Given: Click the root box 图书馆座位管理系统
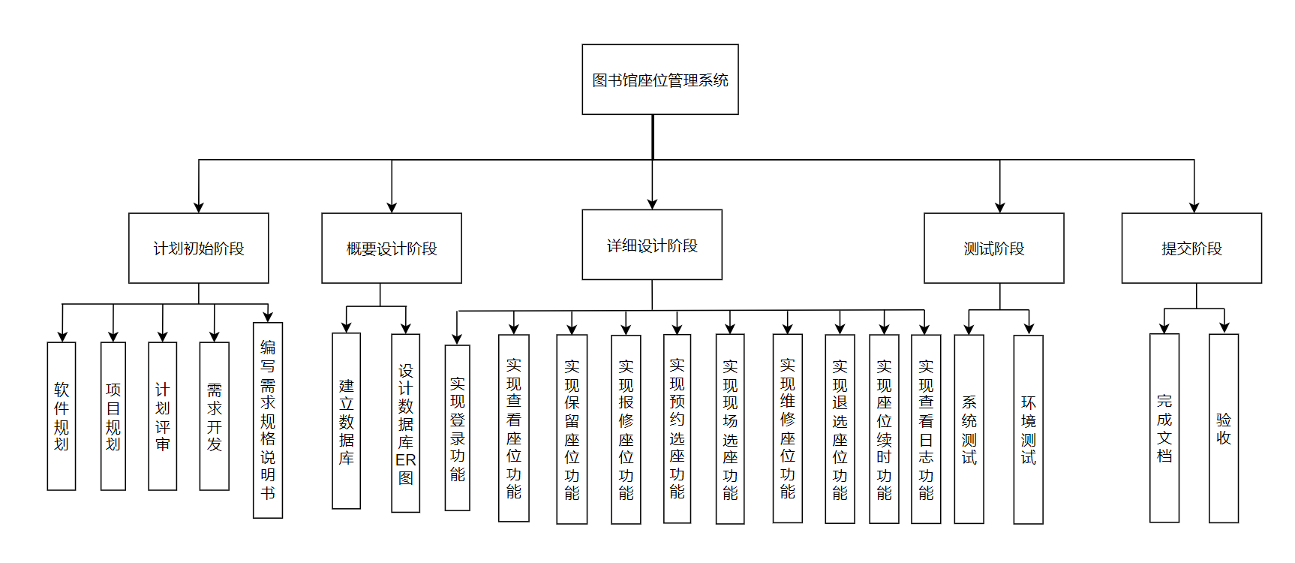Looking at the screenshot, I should click(x=660, y=80).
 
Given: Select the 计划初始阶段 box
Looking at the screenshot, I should click(x=199, y=248).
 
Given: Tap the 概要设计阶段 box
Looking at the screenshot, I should click(x=392, y=248).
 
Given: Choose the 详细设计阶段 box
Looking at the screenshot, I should click(x=652, y=245).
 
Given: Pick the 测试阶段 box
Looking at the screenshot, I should click(x=993, y=248).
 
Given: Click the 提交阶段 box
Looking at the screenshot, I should click(x=1191, y=248).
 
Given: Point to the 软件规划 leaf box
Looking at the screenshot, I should click(x=62, y=416).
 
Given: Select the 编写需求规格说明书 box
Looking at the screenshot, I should click(x=268, y=420).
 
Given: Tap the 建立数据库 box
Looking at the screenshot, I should click(x=346, y=420).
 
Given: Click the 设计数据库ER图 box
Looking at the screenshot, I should click(x=405, y=423).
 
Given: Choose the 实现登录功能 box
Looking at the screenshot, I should click(x=458, y=428).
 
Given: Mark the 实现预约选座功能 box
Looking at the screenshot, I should click(x=677, y=428).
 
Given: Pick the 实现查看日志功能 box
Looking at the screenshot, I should click(x=926, y=429).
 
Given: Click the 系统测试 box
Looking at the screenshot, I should click(x=969, y=429).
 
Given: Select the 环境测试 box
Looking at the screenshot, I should click(x=1028, y=429).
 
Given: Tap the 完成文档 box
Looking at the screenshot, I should click(x=1164, y=428).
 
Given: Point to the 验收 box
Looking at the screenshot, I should click(x=1224, y=428).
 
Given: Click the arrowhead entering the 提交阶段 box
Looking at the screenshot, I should click(x=1194, y=208).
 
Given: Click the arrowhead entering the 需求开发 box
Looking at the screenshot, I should click(x=215, y=337).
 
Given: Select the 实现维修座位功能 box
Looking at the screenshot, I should click(x=787, y=428).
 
